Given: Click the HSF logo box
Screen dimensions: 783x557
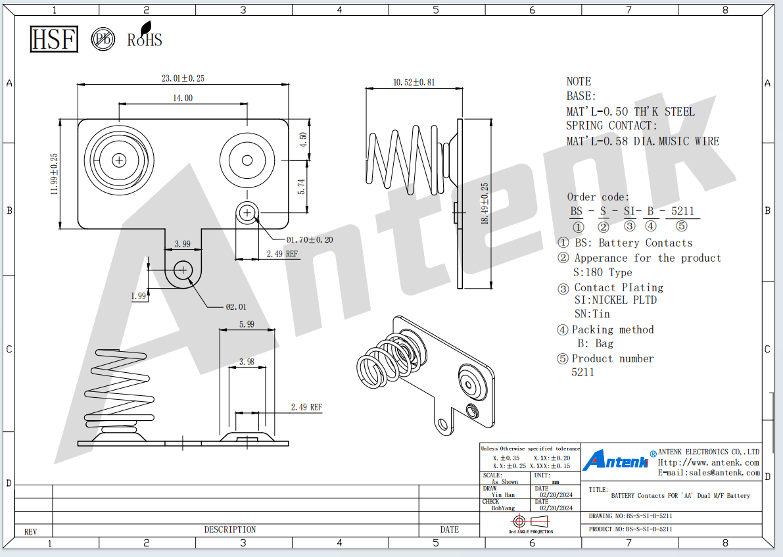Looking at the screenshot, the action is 54,39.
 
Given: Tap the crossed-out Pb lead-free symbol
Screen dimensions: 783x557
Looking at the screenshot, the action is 103,39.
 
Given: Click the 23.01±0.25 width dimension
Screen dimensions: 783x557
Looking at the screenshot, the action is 183,78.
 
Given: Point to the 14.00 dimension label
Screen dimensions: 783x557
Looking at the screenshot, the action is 183,98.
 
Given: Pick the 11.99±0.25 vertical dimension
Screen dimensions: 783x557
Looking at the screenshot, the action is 54,174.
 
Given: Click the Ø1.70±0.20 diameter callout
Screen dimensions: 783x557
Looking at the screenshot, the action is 310,240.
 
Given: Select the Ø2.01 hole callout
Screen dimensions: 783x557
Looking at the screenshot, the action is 236,306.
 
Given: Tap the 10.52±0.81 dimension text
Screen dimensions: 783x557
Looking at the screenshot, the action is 414,82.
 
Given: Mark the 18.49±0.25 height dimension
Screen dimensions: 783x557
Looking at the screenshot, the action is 485,203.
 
